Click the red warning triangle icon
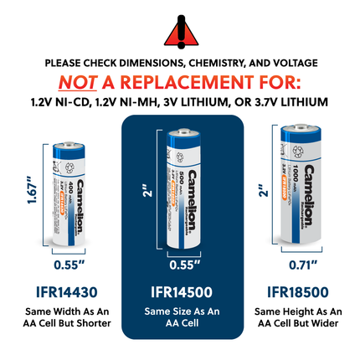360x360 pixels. pyautogui.click(x=180, y=30)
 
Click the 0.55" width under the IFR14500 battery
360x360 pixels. pyautogui.click(x=179, y=265)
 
